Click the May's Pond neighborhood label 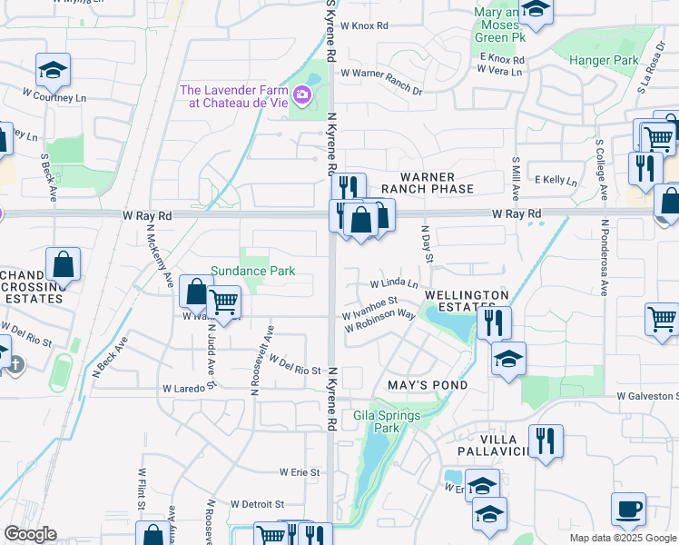point(428,385)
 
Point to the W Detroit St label point(257,503)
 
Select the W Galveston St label point(647,396)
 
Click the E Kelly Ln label point(556,181)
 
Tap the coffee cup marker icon point(628,508)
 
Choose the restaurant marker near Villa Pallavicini point(545,441)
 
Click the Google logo point(31,535)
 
